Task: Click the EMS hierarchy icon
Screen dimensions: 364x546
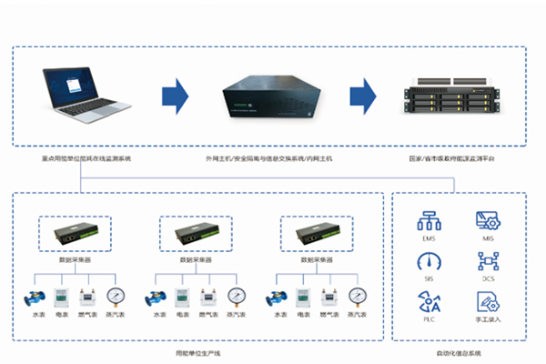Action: coord(429,220)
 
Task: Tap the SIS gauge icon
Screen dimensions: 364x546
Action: coord(429,261)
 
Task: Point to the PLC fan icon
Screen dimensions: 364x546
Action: coord(429,302)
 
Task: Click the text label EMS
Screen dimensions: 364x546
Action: coord(429,238)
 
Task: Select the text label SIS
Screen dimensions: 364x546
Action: coord(429,279)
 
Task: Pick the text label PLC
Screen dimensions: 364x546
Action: coord(429,320)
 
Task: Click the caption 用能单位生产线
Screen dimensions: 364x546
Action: coord(198,352)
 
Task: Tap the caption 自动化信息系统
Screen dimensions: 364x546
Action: coord(458,352)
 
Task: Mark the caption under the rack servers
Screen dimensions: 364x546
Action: coord(452,158)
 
